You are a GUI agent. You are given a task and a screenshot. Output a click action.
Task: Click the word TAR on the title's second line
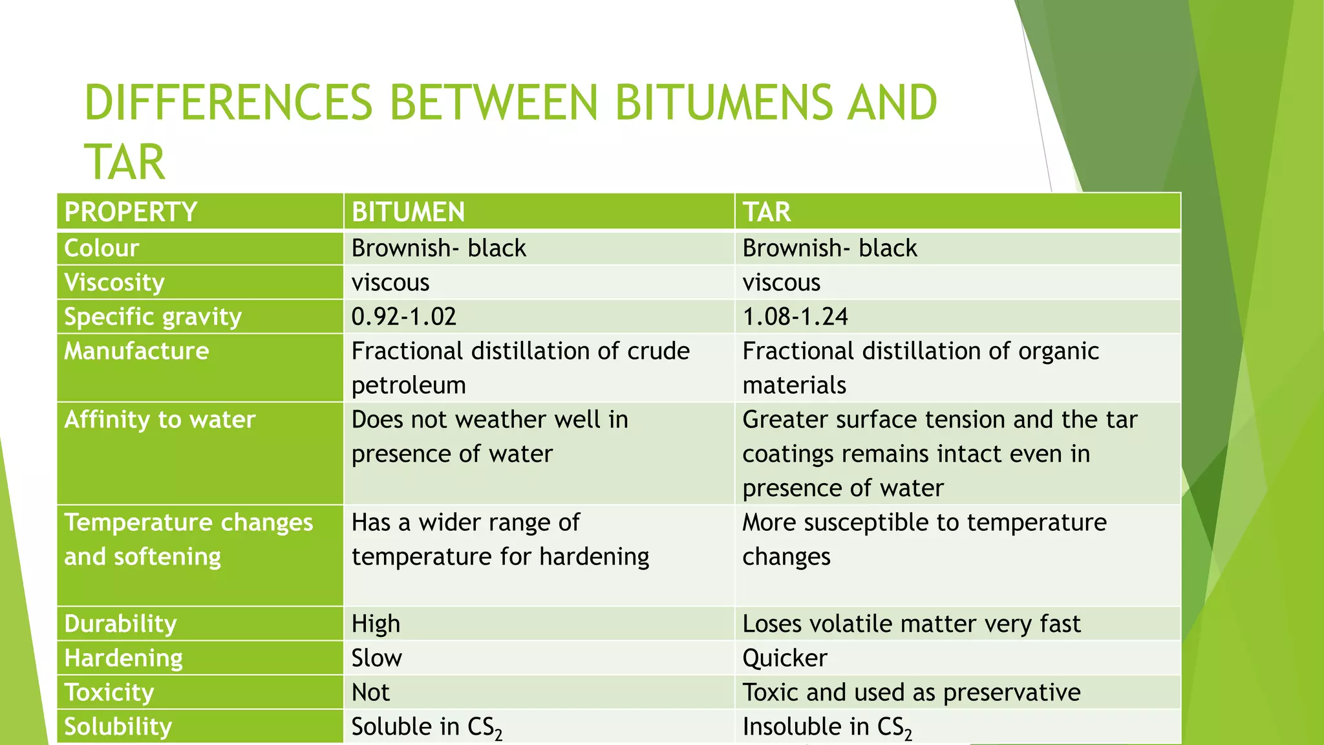point(125,162)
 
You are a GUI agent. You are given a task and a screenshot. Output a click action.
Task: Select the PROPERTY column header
point(131,212)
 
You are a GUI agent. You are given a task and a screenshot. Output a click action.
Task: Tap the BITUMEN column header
point(408,212)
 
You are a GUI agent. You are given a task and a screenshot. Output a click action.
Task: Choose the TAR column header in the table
point(766,212)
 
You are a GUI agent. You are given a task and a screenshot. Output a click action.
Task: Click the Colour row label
point(101,248)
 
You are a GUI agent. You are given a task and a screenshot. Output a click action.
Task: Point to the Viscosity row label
point(114,283)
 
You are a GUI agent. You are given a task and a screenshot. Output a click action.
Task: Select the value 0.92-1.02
point(403,317)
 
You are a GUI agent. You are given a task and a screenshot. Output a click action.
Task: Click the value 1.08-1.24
point(795,317)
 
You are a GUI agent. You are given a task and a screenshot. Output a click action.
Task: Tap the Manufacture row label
point(136,351)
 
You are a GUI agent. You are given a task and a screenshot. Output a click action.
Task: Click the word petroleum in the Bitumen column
point(409,385)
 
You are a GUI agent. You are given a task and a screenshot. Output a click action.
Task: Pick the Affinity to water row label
point(160,420)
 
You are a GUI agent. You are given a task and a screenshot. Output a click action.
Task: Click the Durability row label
point(120,623)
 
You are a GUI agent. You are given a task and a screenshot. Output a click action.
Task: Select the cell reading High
point(376,623)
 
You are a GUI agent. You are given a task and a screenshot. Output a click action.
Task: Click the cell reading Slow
point(376,658)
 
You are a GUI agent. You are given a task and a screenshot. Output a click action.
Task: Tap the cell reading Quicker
point(784,658)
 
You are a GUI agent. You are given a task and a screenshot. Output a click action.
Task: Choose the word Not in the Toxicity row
point(370,693)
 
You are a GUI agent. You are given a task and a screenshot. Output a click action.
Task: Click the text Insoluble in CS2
point(826,727)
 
